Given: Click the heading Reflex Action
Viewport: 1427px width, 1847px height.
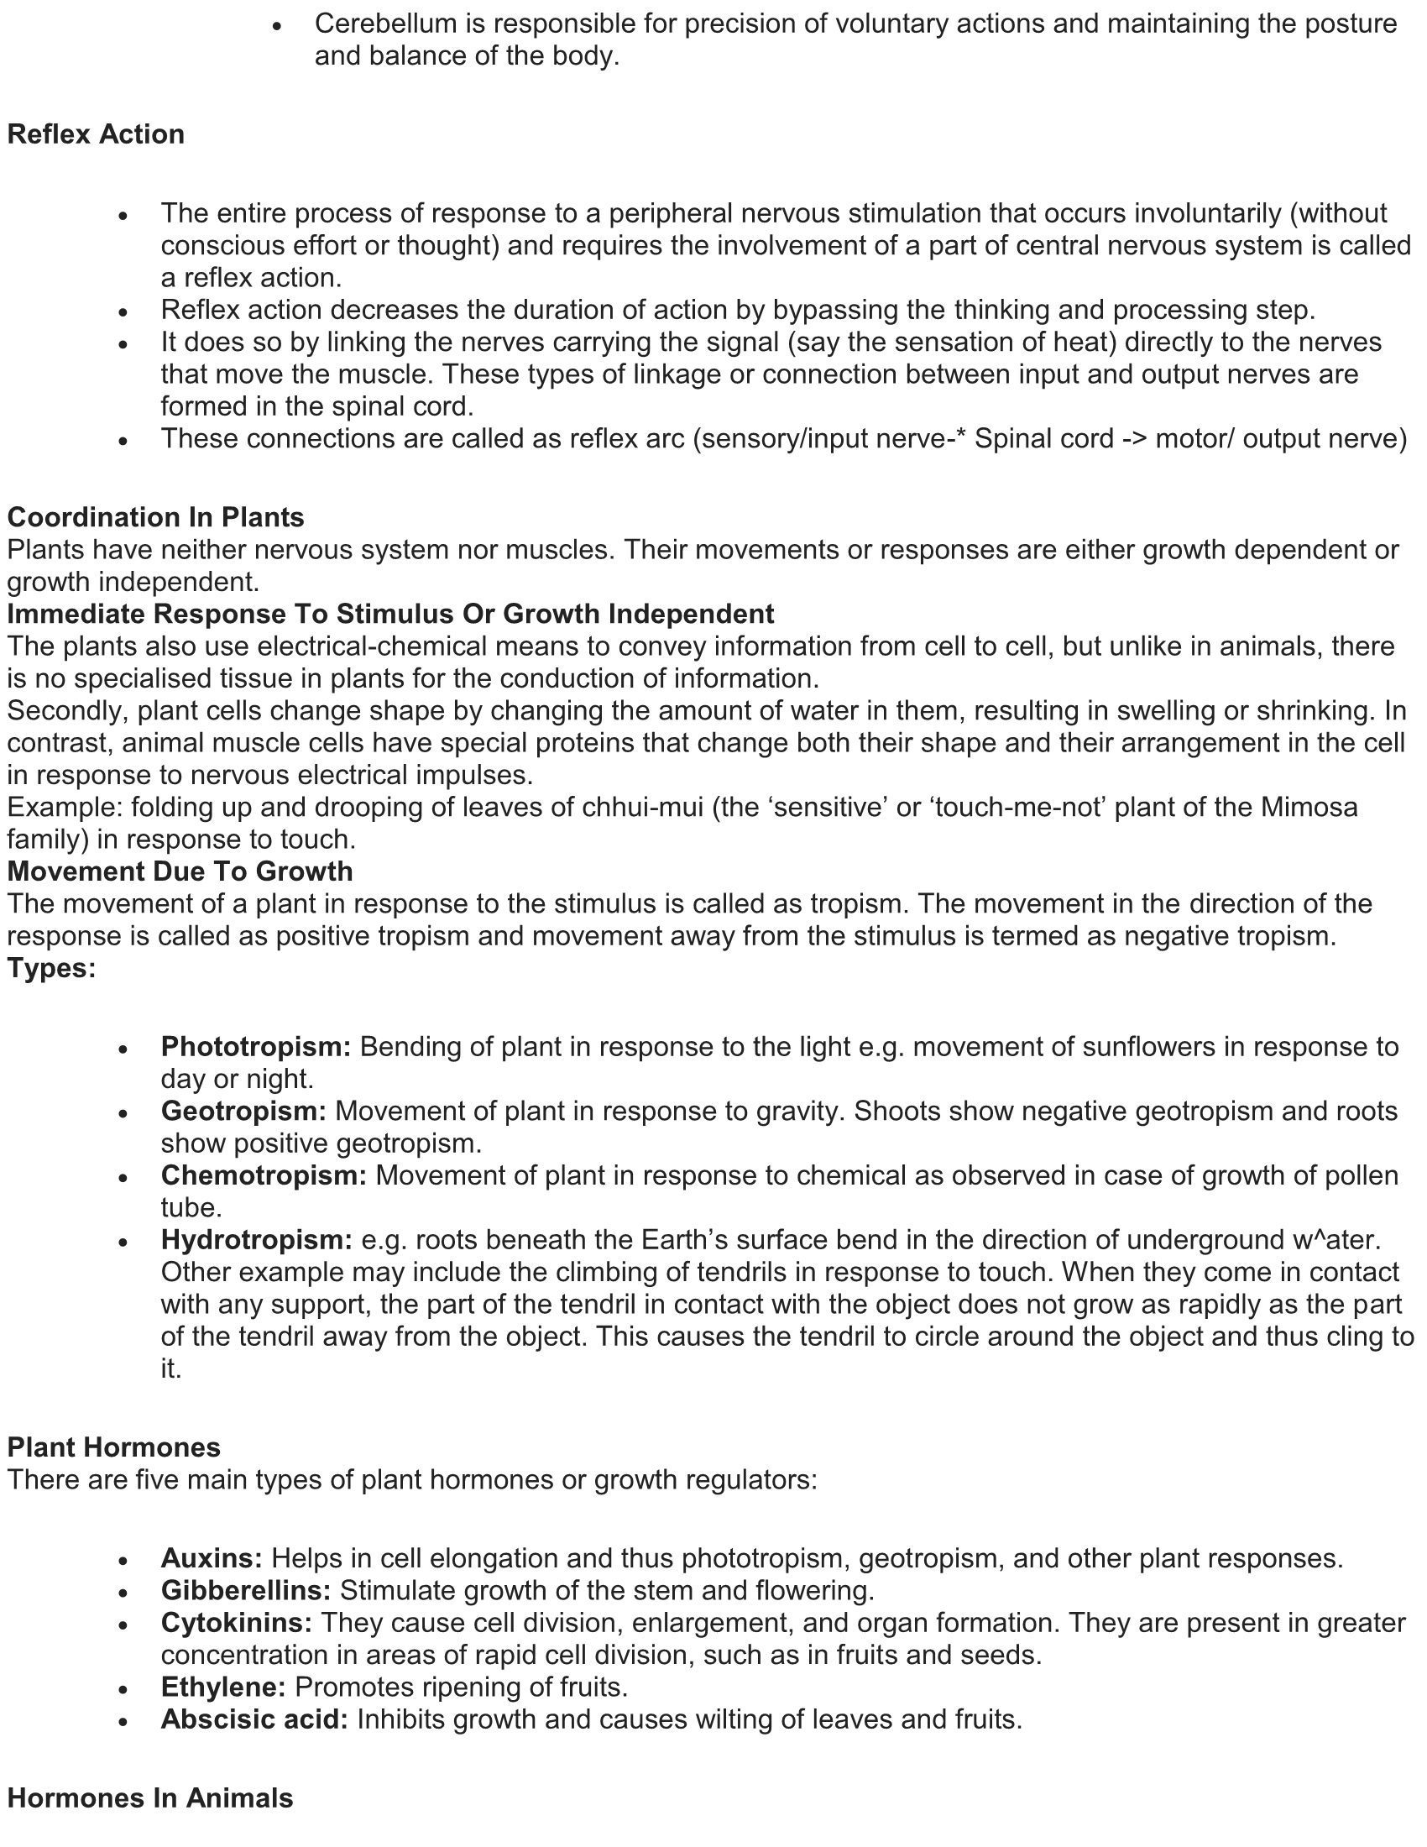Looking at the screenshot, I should click(x=96, y=134).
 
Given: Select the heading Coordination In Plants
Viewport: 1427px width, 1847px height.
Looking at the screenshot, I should click(x=155, y=516).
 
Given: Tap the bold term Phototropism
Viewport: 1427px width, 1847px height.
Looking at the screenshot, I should click(x=255, y=1046).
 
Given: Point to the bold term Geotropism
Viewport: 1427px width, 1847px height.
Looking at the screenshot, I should click(x=243, y=1111).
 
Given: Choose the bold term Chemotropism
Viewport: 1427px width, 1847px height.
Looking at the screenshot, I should click(x=264, y=1175).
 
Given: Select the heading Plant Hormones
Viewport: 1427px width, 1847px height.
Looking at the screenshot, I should click(x=113, y=1447).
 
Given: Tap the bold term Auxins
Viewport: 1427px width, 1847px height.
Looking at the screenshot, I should click(x=212, y=1557).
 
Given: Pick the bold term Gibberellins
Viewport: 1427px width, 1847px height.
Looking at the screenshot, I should click(x=246, y=1591).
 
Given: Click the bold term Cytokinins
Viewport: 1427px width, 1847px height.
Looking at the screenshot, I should click(x=237, y=1623).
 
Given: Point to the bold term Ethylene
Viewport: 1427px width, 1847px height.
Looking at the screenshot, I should click(x=223, y=1687).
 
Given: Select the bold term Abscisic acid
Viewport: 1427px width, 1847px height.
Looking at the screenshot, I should click(x=254, y=1719).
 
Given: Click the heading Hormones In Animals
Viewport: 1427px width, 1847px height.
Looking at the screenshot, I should click(x=149, y=1798).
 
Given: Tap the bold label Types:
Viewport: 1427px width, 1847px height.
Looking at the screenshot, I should click(x=51, y=968).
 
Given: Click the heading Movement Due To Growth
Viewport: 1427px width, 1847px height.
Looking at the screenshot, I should click(x=180, y=871).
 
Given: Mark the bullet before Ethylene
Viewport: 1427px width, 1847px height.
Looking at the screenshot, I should click(x=123, y=1689).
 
